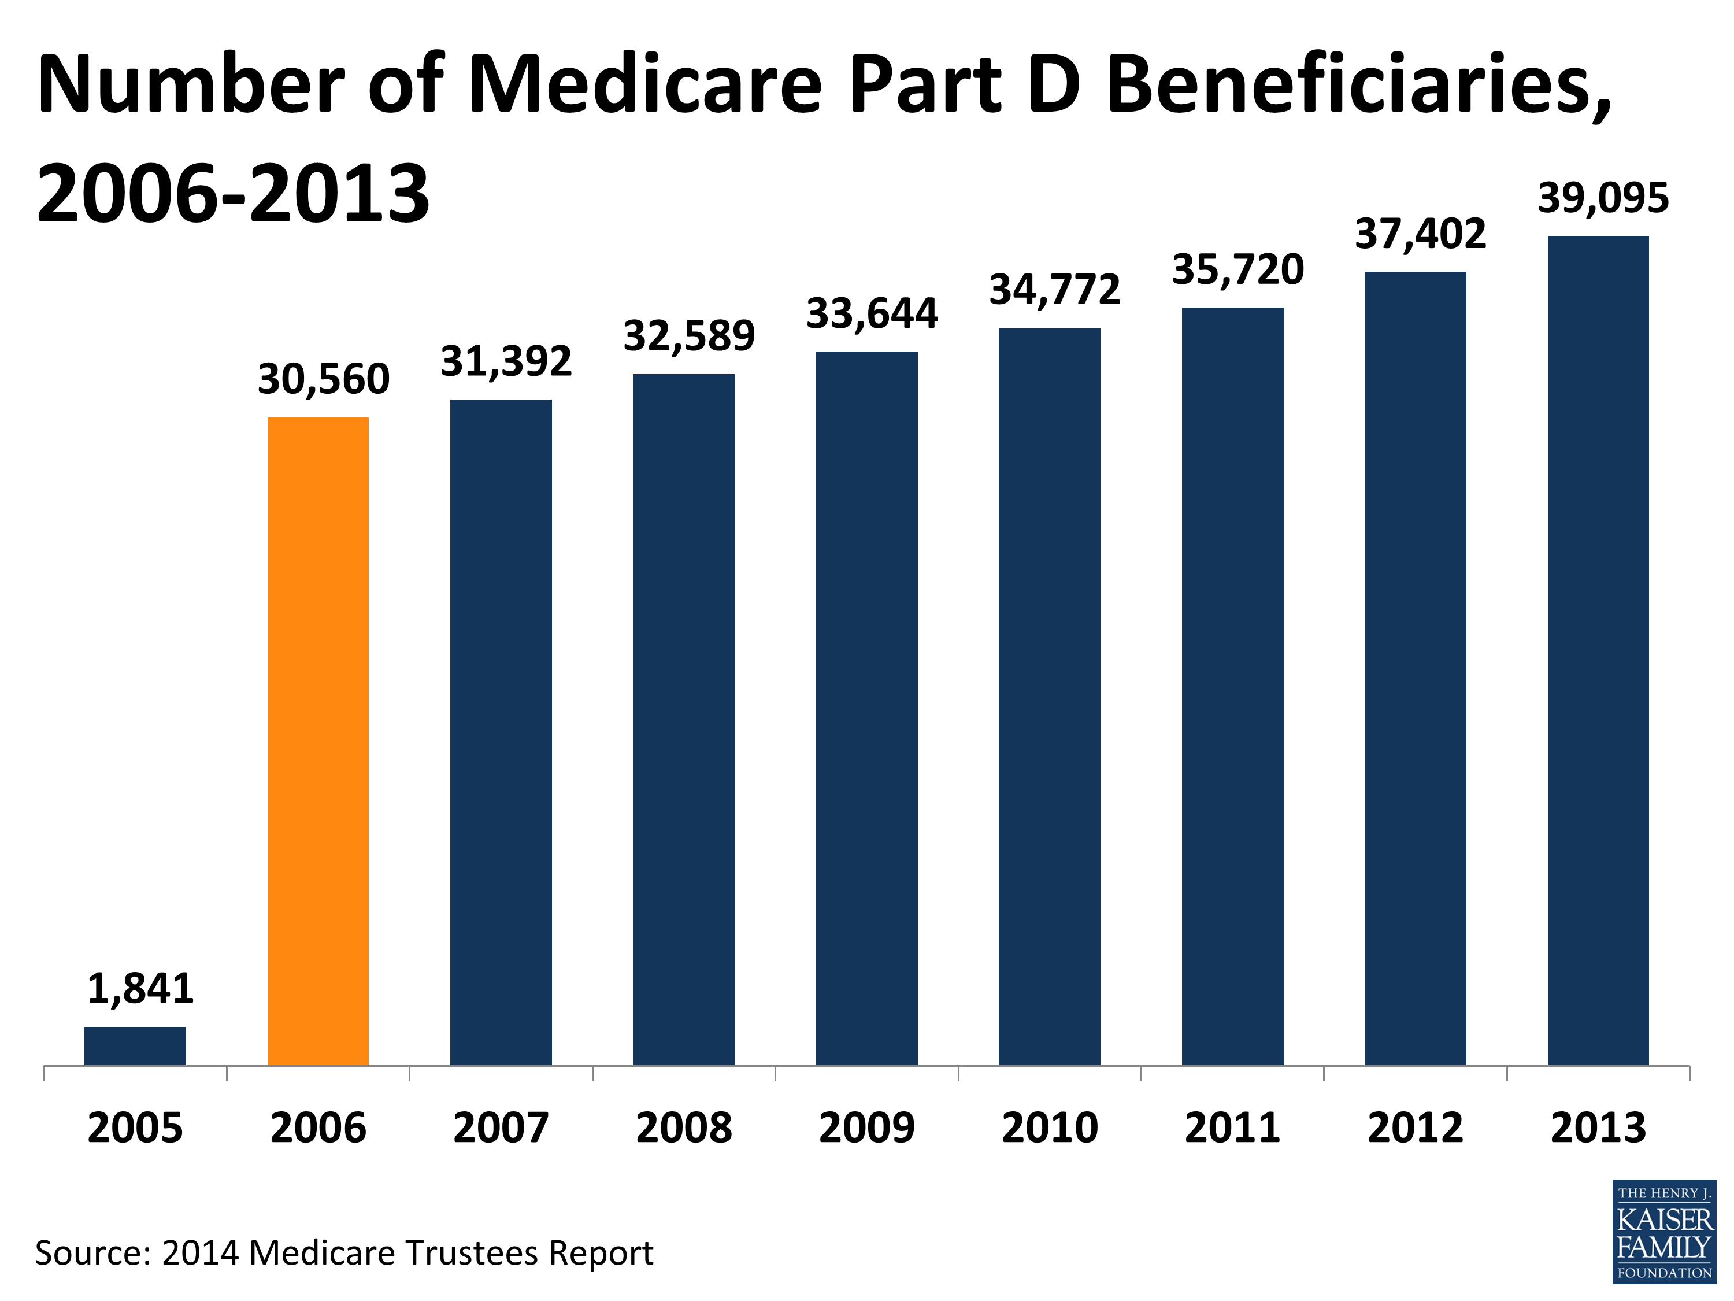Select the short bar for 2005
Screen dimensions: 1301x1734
point(135,1045)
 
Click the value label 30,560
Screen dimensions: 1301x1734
point(323,379)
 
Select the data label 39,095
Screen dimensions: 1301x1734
point(1603,198)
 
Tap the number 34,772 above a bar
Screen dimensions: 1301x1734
point(1054,289)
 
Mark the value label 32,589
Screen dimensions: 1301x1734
point(689,335)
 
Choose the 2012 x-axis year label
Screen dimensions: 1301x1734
point(1415,1128)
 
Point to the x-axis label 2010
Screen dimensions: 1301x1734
point(1050,1128)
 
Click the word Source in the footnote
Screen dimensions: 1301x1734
point(91,1253)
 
